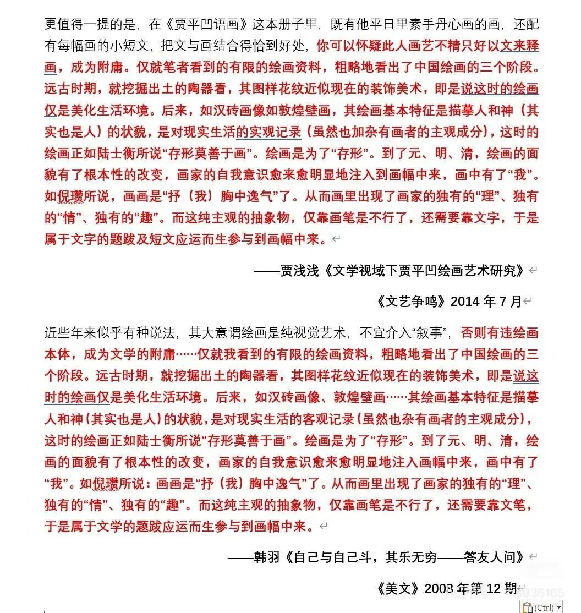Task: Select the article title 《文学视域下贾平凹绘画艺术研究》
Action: [423, 271]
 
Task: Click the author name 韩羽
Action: [267, 557]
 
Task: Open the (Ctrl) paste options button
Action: [541, 607]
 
